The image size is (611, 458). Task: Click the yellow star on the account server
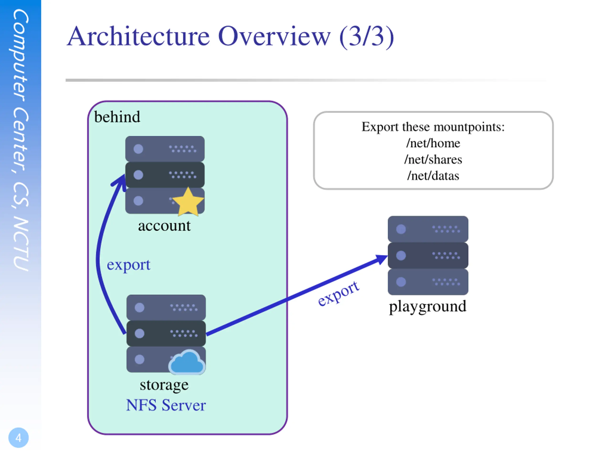[188, 202]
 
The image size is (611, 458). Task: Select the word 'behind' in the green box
[117, 117]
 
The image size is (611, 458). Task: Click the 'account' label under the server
[164, 226]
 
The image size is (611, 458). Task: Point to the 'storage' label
[164, 385]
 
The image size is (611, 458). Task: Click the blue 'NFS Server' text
[166, 405]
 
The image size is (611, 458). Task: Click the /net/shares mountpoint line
[433, 160]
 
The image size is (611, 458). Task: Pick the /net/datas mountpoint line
[433, 176]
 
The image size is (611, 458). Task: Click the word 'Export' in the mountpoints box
[380, 127]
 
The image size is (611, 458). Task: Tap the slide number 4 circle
[19, 437]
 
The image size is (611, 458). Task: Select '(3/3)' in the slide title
[366, 36]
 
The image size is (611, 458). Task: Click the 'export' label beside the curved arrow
[128, 265]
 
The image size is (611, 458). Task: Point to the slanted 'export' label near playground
[339, 294]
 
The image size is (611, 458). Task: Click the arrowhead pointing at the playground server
[381, 259]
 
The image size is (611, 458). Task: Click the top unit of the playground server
[428, 229]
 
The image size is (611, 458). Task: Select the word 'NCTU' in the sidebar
[21, 244]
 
